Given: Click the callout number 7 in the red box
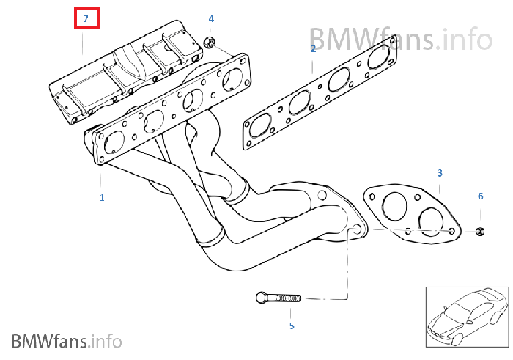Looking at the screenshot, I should coord(86,18).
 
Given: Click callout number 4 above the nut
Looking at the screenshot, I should coord(211,18).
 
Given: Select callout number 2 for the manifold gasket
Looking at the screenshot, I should coord(313,48).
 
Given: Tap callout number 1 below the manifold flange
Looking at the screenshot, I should coord(102,197).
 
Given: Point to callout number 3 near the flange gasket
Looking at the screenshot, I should coord(440,173).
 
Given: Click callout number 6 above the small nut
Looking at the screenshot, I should coord(481,196).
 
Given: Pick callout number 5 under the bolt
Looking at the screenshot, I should coord(291,326).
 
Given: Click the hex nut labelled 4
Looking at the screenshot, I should coord(209,43).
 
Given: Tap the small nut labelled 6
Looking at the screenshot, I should coord(480,232).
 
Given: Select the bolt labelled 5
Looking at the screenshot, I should coord(279,298).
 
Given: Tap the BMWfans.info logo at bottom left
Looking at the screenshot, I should coord(66,340).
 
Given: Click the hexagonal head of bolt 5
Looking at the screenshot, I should coord(262,298).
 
